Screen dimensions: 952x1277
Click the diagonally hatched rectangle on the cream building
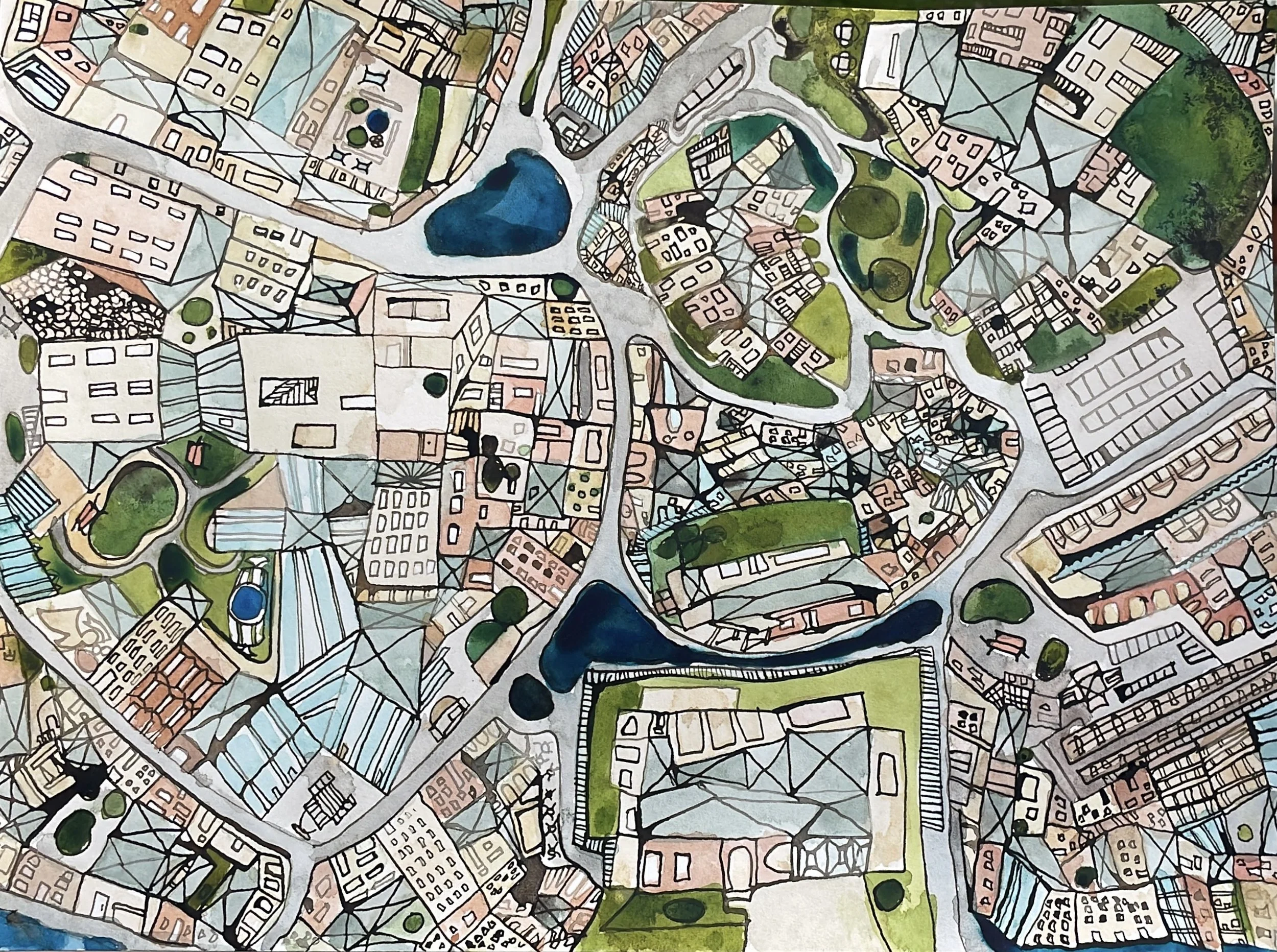(289, 391)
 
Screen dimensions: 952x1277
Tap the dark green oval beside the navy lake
(531, 698)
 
